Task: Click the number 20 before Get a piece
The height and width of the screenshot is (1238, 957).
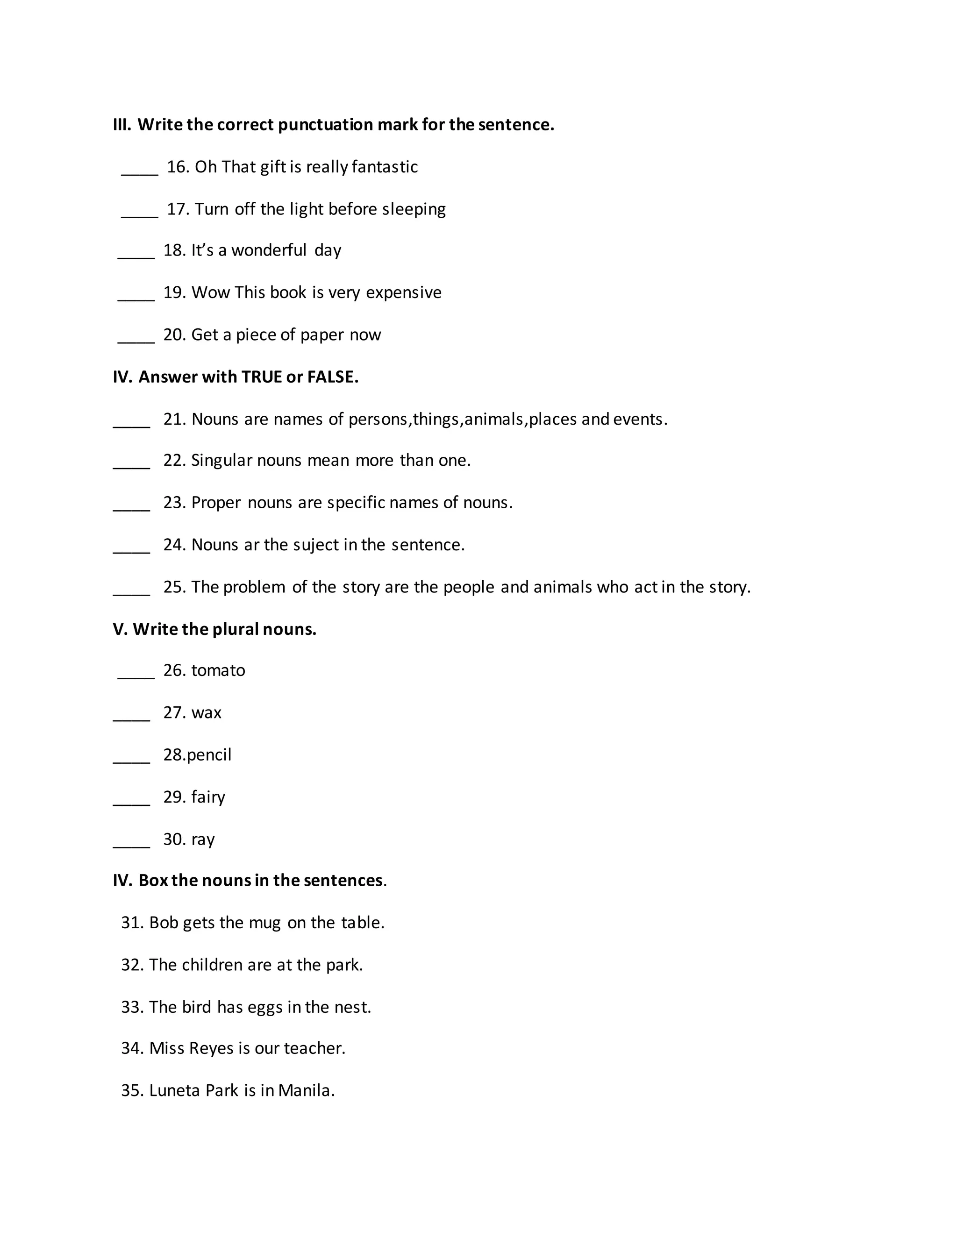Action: click(x=174, y=334)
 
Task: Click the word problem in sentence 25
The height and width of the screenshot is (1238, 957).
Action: click(x=254, y=587)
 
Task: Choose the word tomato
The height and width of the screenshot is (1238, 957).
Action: click(x=218, y=670)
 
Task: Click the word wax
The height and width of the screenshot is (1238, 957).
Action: click(x=207, y=712)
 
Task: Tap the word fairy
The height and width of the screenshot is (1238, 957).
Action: click(x=208, y=797)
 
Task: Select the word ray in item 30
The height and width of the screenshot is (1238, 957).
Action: click(x=203, y=840)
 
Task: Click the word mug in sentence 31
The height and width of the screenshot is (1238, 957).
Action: click(x=265, y=923)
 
